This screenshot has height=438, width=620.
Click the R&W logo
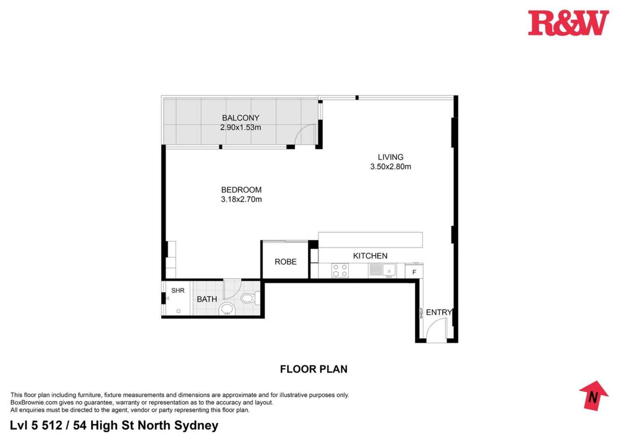click(x=568, y=23)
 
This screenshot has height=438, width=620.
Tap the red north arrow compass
click(x=593, y=395)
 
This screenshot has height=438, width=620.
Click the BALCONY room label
click(x=240, y=118)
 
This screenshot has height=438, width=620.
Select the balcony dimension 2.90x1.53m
click(x=240, y=128)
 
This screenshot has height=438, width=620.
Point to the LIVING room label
click(x=390, y=157)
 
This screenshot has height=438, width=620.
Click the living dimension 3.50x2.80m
click(x=390, y=167)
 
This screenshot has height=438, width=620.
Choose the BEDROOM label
click(x=241, y=190)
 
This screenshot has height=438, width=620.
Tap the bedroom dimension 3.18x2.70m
click(x=241, y=199)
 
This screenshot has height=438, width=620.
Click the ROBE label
click(x=285, y=262)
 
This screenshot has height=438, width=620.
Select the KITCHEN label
click(x=370, y=256)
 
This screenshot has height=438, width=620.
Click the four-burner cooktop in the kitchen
click(x=340, y=270)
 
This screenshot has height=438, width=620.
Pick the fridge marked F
click(x=414, y=272)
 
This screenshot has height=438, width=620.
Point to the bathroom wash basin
click(x=228, y=309)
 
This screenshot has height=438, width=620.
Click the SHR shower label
click(x=178, y=291)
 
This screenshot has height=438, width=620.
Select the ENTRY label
click(x=439, y=312)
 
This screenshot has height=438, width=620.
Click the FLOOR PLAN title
click(x=314, y=369)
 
